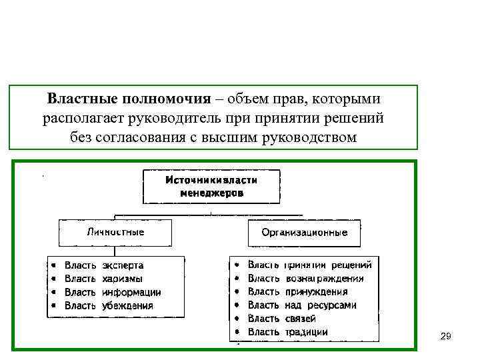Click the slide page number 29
(446, 337)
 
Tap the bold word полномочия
(167, 99)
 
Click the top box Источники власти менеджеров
(211, 186)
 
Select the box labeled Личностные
(115, 233)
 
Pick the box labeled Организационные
(304, 233)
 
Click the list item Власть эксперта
(103, 265)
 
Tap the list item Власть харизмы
(103, 279)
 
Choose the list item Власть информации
(112, 292)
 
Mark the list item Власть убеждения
(108, 305)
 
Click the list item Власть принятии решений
(309, 265)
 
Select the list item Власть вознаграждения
(305, 278)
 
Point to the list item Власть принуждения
(297, 291)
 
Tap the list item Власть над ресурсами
(301, 305)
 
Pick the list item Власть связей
(281, 318)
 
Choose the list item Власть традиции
(287, 331)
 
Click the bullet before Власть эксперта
(54, 265)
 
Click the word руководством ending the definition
(305, 137)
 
